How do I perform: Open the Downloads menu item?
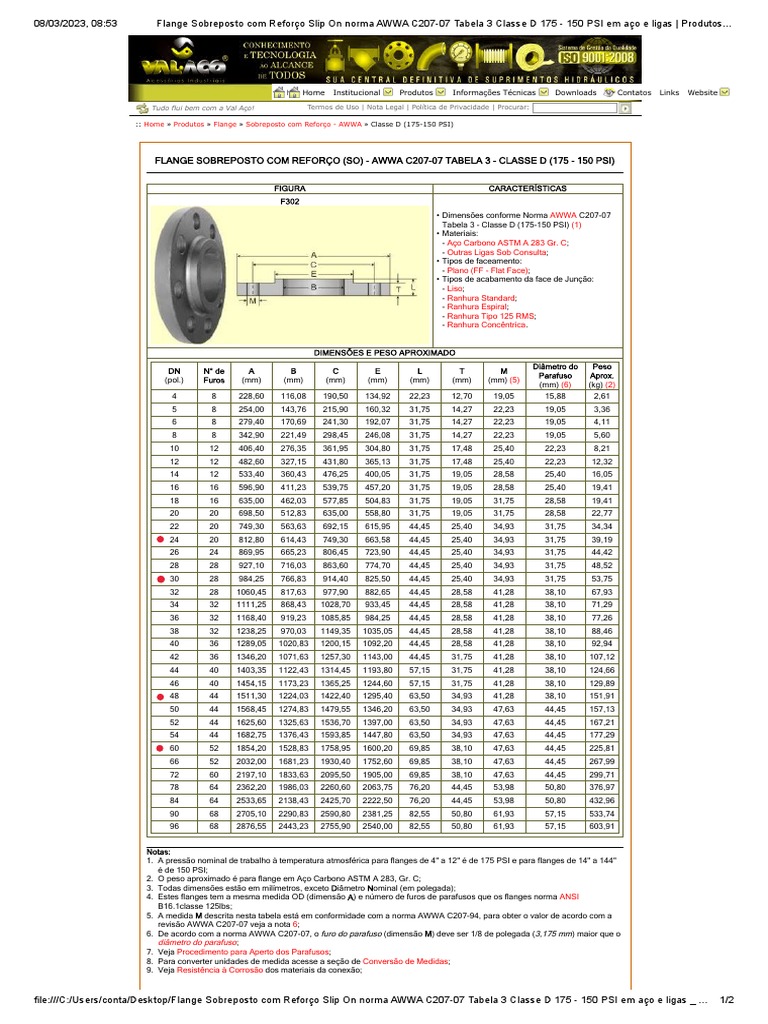(x=575, y=92)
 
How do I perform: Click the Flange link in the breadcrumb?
(x=224, y=125)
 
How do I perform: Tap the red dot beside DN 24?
(x=161, y=539)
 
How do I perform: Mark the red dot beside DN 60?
(x=161, y=747)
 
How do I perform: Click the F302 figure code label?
(x=290, y=201)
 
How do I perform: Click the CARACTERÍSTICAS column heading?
(x=527, y=188)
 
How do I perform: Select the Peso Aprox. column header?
(x=602, y=375)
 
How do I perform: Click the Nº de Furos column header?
(x=214, y=375)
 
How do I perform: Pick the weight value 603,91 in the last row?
(x=602, y=826)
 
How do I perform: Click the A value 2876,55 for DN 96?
(x=251, y=826)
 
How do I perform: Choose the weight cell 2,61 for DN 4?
(x=602, y=396)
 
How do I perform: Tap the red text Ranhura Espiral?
(x=471, y=306)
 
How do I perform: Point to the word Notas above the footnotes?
(x=159, y=852)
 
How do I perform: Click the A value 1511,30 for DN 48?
(x=251, y=695)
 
